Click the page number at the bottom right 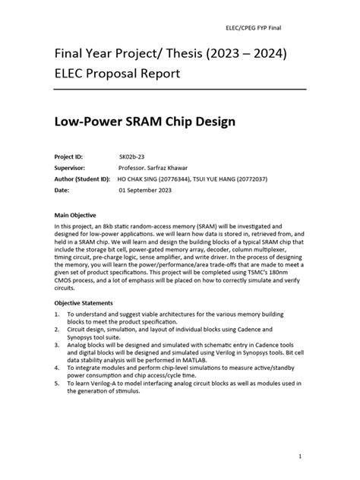(x=301, y=456)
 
